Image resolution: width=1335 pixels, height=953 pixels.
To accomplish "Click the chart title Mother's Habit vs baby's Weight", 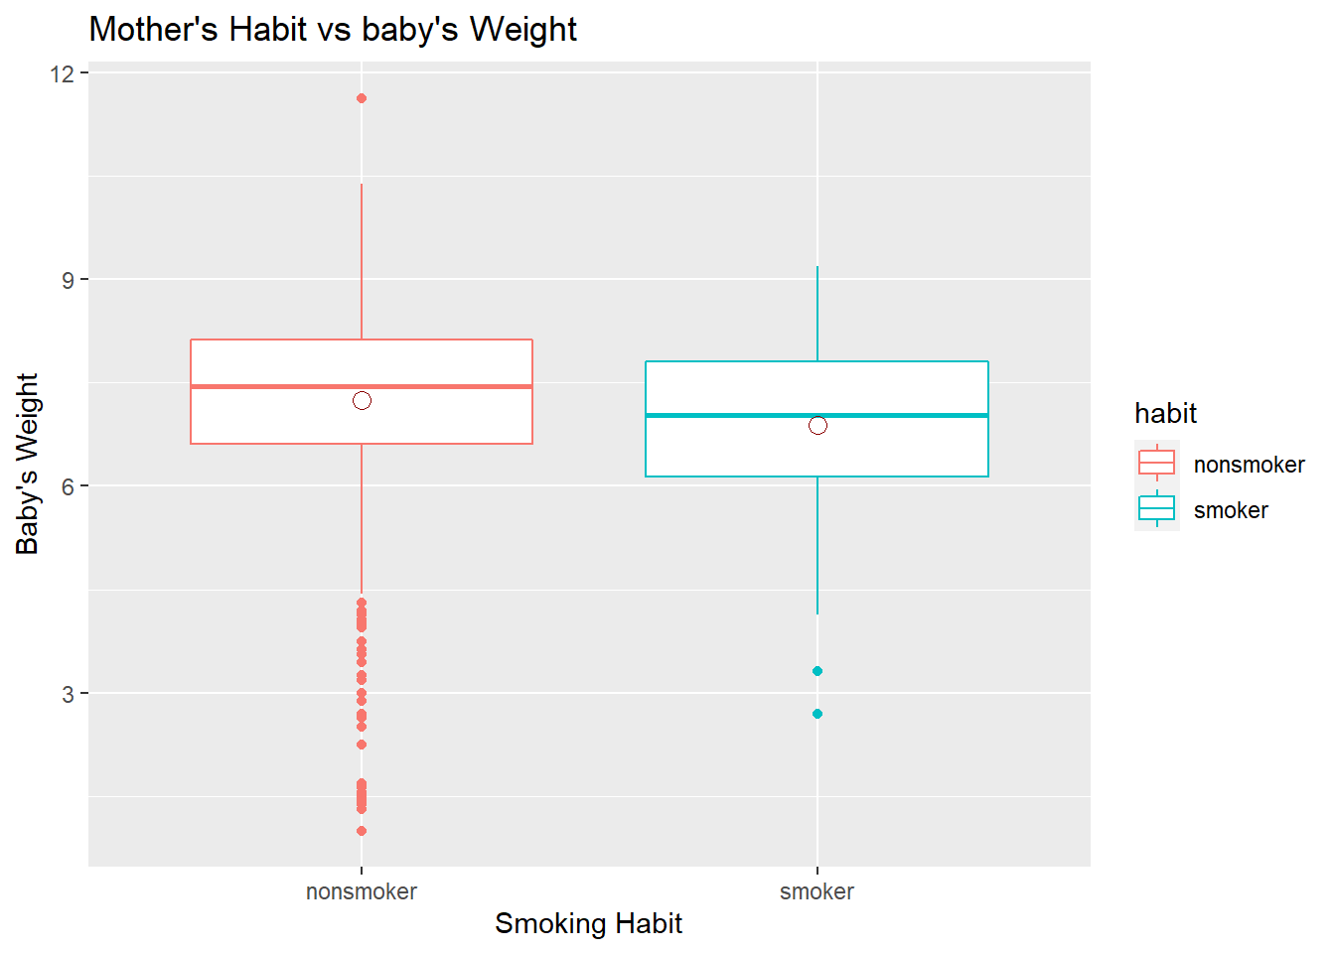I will click(x=333, y=30).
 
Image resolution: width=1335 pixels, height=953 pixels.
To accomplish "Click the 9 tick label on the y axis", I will click(x=68, y=280).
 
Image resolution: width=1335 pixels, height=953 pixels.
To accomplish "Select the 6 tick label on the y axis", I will click(x=68, y=486).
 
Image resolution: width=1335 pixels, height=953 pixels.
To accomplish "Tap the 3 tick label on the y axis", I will click(x=68, y=694).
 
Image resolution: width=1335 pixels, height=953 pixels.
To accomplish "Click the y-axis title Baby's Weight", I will click(x=27, y=464).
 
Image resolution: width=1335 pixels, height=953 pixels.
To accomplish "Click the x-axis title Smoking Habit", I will click(x=588, y=924).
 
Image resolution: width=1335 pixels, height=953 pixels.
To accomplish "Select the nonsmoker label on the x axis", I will click(x=362, y=891).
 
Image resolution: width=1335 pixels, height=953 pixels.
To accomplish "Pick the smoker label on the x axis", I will click(x=816, y=891).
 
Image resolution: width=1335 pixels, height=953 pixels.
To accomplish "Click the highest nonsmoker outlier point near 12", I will click(x=362, y=98).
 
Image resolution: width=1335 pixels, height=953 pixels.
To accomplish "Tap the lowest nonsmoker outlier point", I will click(x=362, y=831).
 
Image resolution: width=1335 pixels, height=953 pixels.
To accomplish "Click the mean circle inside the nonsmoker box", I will click(x=362, y=400).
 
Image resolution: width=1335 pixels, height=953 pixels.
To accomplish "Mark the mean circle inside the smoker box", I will click(x=817, y=425).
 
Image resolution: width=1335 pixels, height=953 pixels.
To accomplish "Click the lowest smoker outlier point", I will click(x=817, y=714).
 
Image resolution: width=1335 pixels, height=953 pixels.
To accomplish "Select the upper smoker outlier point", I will click(x=817, y=671).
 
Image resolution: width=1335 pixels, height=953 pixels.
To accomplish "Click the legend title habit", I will click(x=1165, y=414).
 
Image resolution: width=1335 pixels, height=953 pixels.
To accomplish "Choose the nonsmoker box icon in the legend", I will click(x=1156, y=463).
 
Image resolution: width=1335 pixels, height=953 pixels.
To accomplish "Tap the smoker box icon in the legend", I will click(x=1156, y=508).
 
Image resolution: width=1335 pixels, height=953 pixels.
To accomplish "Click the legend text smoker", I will click(x=1231, y=510).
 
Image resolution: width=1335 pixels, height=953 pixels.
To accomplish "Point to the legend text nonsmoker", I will click(x=1249, y=465).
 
